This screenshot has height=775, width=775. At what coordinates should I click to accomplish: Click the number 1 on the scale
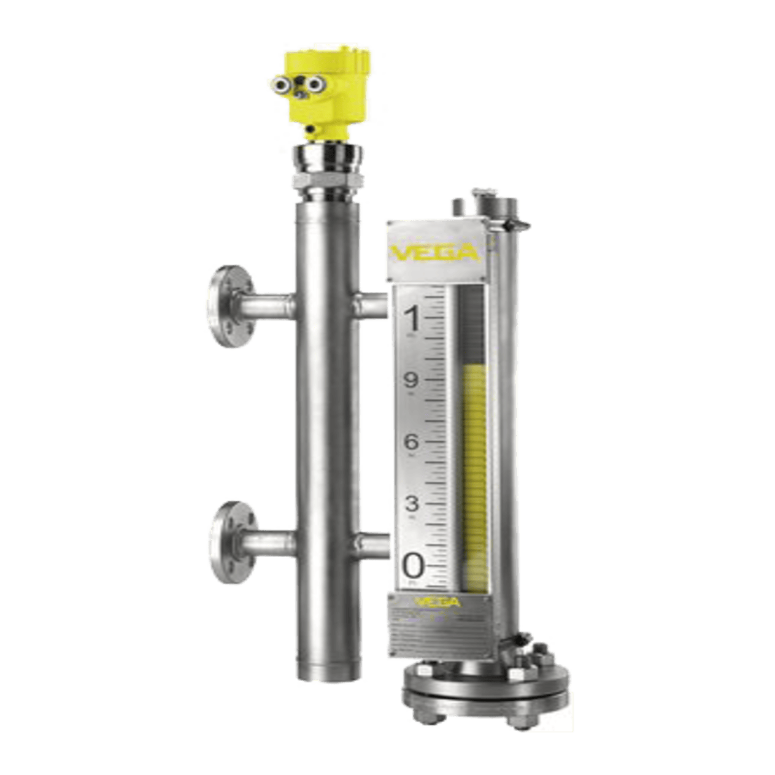point(413,319)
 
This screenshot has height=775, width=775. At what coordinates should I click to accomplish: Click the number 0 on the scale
point(413,565)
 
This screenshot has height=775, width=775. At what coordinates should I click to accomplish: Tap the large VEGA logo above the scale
point(435,252)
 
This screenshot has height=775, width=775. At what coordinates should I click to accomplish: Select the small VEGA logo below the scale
point(437,603)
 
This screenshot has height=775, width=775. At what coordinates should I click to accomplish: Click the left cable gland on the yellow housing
point(283,83)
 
